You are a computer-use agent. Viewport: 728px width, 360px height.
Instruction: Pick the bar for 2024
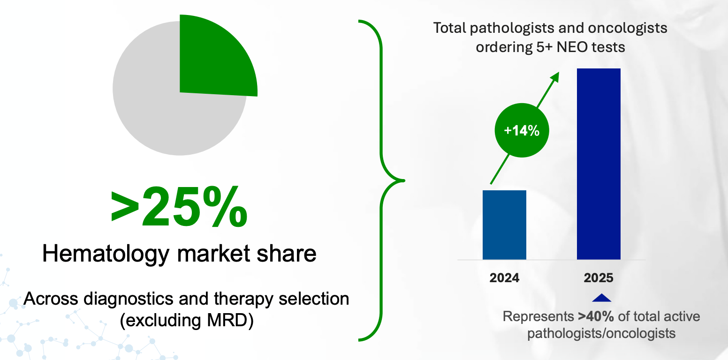(504, 225)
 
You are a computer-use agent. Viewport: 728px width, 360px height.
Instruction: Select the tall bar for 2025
(599, 164)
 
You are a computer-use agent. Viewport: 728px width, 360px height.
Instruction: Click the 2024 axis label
(504, 278)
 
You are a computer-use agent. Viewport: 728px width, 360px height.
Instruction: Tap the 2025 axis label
(599, 278)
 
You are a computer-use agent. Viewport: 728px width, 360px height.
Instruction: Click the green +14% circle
(521, 131)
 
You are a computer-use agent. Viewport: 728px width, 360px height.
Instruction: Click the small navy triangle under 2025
(602, 298)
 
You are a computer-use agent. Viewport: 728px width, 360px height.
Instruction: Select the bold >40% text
(596, 316)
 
